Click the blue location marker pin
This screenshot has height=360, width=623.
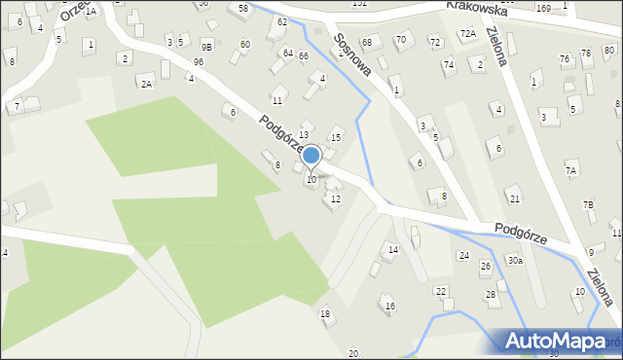point(311,156)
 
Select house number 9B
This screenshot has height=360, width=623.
point(206,46)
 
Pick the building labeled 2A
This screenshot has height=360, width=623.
point(146,84)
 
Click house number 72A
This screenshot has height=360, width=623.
point(468,33)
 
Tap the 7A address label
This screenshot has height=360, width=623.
point(572,170)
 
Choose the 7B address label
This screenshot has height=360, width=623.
point(588,204)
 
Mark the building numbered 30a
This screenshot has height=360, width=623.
point(515,260)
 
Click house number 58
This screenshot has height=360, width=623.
point(242,8)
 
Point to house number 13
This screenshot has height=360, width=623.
point(304,134)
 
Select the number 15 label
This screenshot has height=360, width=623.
point(337,137)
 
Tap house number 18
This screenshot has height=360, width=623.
point(325,313)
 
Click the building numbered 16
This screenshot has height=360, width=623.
point(390,306)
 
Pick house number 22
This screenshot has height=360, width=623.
point(441,292)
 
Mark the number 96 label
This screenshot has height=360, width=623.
point(199,61)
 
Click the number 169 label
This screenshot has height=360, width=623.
point(542,8)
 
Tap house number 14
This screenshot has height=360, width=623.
point(393,250)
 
